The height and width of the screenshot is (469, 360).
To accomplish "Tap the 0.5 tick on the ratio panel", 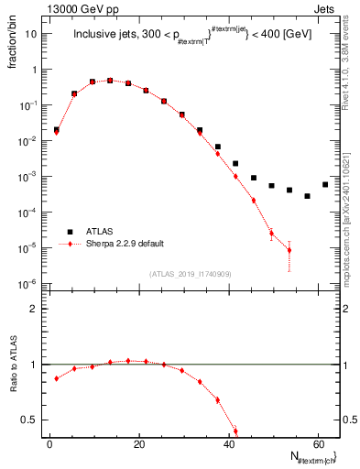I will pos(33,420).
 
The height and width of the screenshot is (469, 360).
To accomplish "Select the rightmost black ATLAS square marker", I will pos(324,184).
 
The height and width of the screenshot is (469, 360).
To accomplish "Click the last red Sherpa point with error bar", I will pos(289,250).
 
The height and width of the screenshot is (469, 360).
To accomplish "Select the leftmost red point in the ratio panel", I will pos(57,377).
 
